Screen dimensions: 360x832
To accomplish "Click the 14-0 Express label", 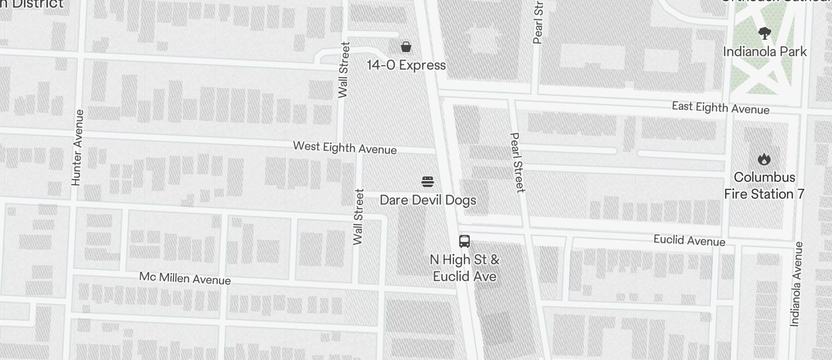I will (x=406, y=65).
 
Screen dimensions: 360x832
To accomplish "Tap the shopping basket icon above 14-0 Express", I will (x=406, y=46).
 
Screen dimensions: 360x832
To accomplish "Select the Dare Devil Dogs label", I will (x=428, y=200).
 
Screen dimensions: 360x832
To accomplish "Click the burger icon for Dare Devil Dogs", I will (x=428, y=182).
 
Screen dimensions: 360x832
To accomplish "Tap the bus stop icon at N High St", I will (x=464, y=241).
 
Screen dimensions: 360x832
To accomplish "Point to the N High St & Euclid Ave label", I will (x=464, y=268).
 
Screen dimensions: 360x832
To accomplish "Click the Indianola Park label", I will (x=765, y=51).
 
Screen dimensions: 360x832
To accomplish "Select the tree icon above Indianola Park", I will (x=764, y=33).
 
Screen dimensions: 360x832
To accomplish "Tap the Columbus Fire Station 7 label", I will (x=764, y=185).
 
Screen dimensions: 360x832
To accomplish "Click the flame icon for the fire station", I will (x=764, y=159).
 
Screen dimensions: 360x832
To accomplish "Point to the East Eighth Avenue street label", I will (x=720, y=108).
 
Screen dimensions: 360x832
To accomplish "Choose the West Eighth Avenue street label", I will (x=345, y=147).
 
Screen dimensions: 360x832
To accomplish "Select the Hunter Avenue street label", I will (x=77, y=147).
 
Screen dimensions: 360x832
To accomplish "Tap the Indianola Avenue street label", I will (x=795, y=283).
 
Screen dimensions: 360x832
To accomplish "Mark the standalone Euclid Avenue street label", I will (x=689, y=240).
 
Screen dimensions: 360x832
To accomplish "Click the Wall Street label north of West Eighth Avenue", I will (x=344, y=70).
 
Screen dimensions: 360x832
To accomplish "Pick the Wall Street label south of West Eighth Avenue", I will (x=359, y=216).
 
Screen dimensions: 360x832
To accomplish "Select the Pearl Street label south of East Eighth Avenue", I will (x=518, y=162).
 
